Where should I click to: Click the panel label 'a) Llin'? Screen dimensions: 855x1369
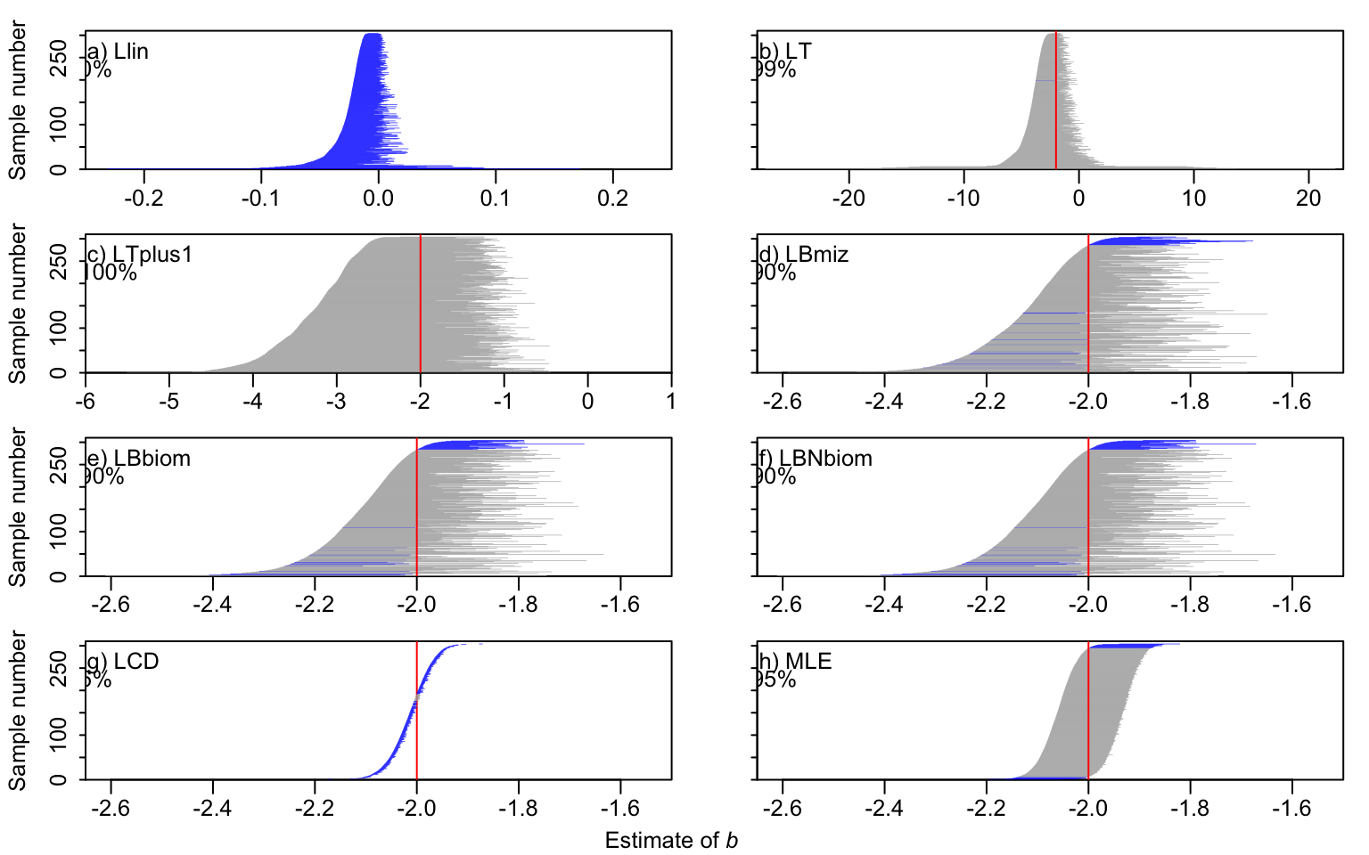[118, 52]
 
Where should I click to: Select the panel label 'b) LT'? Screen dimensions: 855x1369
[785, 52]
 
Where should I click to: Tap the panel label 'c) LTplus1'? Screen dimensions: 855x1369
[140, 255]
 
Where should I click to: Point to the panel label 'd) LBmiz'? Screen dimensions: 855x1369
[803, 255]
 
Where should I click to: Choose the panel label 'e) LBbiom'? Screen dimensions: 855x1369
[139, 459]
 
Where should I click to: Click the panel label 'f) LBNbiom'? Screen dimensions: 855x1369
[815, 459]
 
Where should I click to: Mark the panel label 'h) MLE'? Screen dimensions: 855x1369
[794, 662]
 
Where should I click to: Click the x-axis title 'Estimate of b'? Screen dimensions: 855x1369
[671, 841]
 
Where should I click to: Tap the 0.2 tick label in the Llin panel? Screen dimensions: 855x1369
[613, 198]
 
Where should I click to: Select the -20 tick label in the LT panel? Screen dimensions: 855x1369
[848, 198]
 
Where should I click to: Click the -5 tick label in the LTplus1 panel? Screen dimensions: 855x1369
[168, 402]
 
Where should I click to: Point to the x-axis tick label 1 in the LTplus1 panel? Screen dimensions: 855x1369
[671, 402]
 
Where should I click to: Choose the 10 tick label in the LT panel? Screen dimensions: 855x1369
[1193, 198]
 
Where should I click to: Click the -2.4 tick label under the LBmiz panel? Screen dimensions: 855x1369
[883, 402]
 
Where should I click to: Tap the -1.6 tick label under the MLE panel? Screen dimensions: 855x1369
[1291, 808]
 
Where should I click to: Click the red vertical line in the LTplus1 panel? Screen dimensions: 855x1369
[421, 303]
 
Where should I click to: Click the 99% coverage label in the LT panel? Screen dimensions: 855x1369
[775, 69]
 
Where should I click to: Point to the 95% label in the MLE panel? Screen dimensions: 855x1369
[775, 680]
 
